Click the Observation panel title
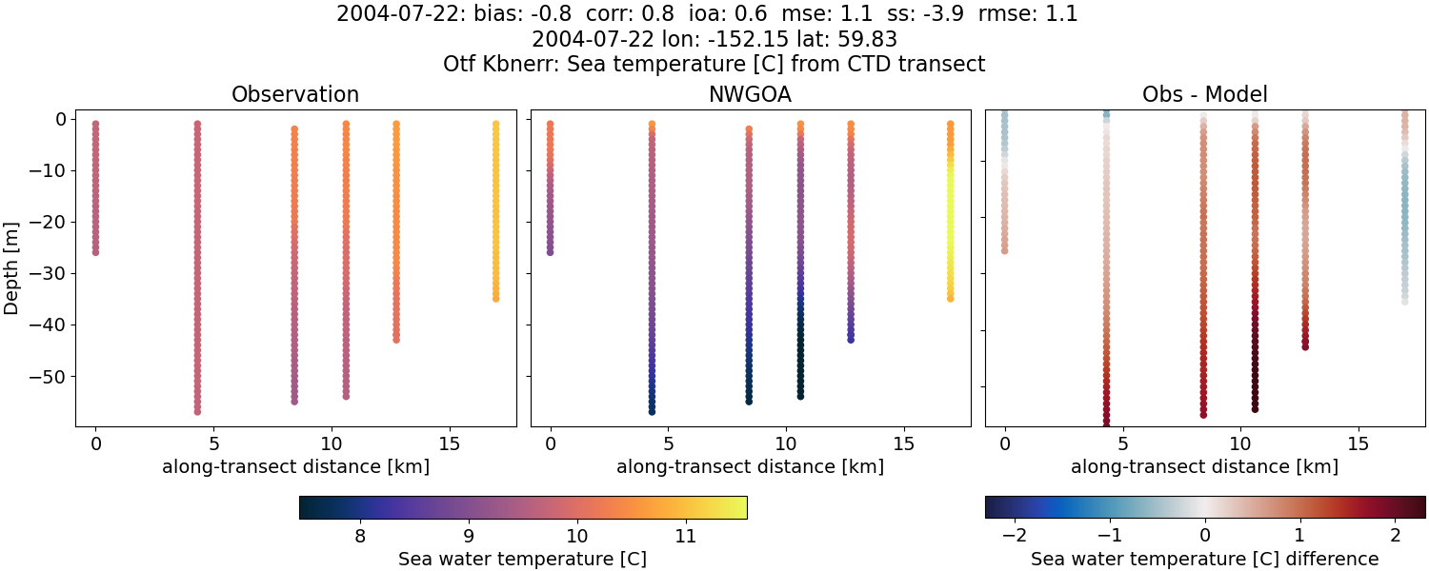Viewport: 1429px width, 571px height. [x=295, y=94]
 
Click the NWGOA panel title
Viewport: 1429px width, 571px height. [x=750, y=94]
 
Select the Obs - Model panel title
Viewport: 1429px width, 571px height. [x=1204, y=94]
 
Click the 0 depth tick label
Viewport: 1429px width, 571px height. [x=59, y=120]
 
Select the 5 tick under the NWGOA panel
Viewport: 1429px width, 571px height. [x=669, y=443]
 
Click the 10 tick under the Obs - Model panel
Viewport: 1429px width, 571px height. [x=1240, y=443]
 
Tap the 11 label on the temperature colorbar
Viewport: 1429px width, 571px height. [x=685, y=535]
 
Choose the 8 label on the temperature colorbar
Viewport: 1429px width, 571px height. [x=360, y=535]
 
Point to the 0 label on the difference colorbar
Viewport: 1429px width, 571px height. [x=1205, y=535]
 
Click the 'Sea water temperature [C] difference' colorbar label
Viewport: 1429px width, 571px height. [x=1204, y=559]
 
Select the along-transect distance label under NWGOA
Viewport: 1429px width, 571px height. [x=750, y=466]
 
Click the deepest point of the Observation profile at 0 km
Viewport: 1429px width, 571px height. [x=95, y=252]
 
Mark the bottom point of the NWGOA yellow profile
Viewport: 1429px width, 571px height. [x=950, y=298]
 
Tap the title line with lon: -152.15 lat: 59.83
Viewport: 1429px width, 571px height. [x=714, y=40]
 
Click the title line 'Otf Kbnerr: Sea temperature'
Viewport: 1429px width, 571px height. [x=714, y=65]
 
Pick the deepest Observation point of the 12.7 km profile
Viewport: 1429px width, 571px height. [x=396, y=339]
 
